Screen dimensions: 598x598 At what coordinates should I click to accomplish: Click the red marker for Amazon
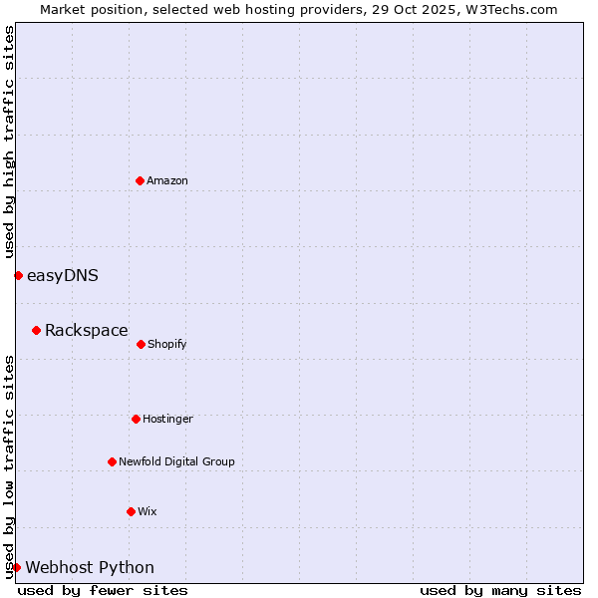tap(140, 180)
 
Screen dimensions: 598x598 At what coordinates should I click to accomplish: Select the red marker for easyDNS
tap(18, 275)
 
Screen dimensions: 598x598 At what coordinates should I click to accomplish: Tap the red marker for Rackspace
tap(36, 330)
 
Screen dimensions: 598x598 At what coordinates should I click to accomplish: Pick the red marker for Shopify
tap(141, 344)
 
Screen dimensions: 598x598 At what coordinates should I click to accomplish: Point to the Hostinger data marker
tap(136, 419)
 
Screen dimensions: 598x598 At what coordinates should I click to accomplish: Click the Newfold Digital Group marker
tap(112, 461)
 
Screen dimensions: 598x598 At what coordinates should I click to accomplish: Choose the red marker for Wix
tap(131, 511)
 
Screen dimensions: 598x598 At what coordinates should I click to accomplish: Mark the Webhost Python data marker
tap(16, 567)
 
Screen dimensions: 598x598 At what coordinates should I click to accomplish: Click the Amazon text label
tap(167, 180)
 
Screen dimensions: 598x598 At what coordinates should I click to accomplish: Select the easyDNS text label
tap(62, 275)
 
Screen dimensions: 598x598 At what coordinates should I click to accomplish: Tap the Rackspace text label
tap(86, 330)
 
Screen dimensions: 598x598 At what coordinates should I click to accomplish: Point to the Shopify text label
tap(167, 344)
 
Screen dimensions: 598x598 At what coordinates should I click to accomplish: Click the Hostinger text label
tap(167, 419)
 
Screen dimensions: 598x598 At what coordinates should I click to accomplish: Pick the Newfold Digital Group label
tap(176, 461)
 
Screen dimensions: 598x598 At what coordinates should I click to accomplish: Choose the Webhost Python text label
tap(90, 567)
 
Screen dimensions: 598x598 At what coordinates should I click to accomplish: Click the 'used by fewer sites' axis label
tap(103, 590)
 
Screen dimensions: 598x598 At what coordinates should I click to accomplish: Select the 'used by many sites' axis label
tap(500, 590)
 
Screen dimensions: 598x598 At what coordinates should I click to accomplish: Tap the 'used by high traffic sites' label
tap(9, 142)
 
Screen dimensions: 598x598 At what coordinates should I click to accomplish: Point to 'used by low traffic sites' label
tap(9, 466)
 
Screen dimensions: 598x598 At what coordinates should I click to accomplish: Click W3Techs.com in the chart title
tap(509, 9)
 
